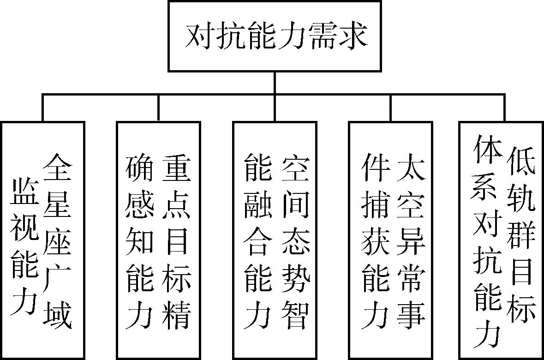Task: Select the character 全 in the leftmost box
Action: pyautogui.click(x=58, y=168)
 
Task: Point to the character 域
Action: pyautogui.click(x=58, y=315)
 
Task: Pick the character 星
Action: pyautogui.click(x=58, y=204)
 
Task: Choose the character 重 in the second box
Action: pyautogui.click(x=177, y=168)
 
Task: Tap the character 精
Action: pyautogui.click(x=177, y=315)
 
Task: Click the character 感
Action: pyautogui.click(x=139, y=204)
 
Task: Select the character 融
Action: pyautogui.click(x=258, y=204)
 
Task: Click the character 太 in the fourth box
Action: pyautogui.click(x=411, y=168)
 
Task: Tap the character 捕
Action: pyautogui.click(x=375, y=204)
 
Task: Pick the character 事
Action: pyautogui.click(x=411, y=315)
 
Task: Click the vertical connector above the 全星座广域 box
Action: pyautogui.click(x=42, y=108)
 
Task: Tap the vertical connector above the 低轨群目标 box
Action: pyautogui.click(x=504, y=108)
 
